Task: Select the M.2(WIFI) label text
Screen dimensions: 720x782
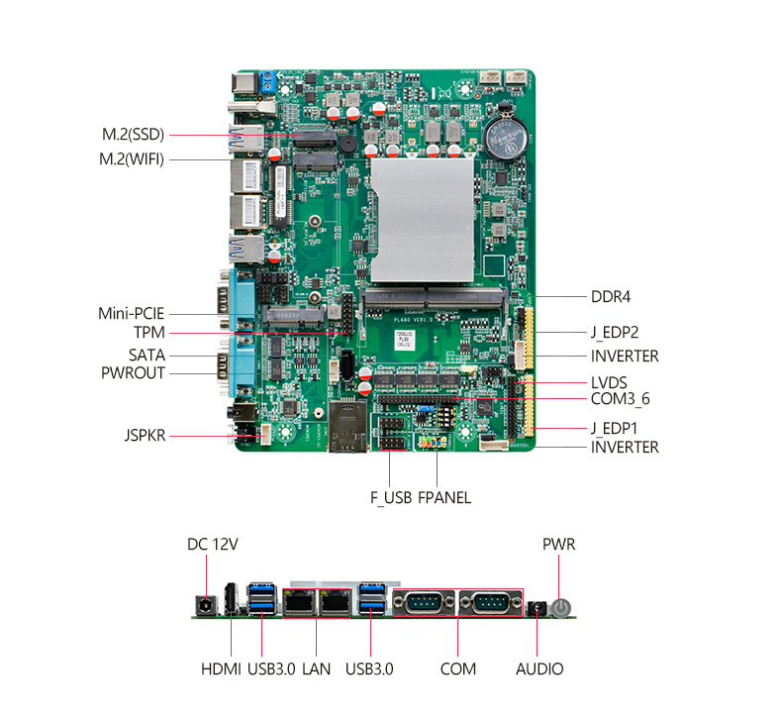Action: [132, 158]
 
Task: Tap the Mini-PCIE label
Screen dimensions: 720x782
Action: [131, 313]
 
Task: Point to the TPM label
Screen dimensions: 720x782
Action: [148, 333]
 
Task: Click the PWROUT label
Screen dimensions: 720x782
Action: [133, 373]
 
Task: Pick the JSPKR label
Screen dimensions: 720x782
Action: [145, 434]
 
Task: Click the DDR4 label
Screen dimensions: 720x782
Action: [611, 295]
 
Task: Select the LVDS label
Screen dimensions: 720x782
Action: [609, 382]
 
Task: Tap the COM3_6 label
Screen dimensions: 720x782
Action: [620, 398]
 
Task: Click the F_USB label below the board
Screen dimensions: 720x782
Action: [390, 497]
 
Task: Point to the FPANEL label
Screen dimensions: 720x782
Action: [444, 497]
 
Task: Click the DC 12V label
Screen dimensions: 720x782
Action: [213, 544]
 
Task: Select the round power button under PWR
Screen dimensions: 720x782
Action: [561, 607]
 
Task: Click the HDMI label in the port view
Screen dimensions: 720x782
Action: [221, 669]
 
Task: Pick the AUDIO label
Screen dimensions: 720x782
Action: [539, 669]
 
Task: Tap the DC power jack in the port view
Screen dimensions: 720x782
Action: [205, 604]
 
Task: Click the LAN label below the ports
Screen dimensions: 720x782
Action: [317, 669]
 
